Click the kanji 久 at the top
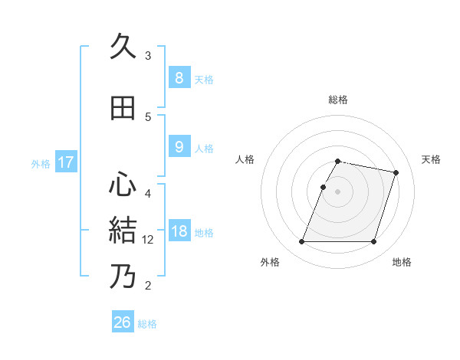[x=123, y=48]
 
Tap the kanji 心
[x=123, y=185]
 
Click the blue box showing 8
[x=179, y=77]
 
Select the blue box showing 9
[x=179, y=147]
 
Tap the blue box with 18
[x=179, y=231]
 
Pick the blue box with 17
[x=65, y=162]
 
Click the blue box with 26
[x=123, y=322]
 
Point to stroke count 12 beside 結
[x=149, y=240]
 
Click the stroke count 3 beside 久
[x=148, y=56]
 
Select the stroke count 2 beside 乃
[x=148, y=286]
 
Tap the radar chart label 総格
[x=338, y=100]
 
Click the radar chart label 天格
[x=432, y=159]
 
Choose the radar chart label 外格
[x=270, y=263]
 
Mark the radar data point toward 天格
[x=396, y=173]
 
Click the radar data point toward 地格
[x=373, y=242]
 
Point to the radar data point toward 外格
[x=302, y=242]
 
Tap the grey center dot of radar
[x=338, y=191]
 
